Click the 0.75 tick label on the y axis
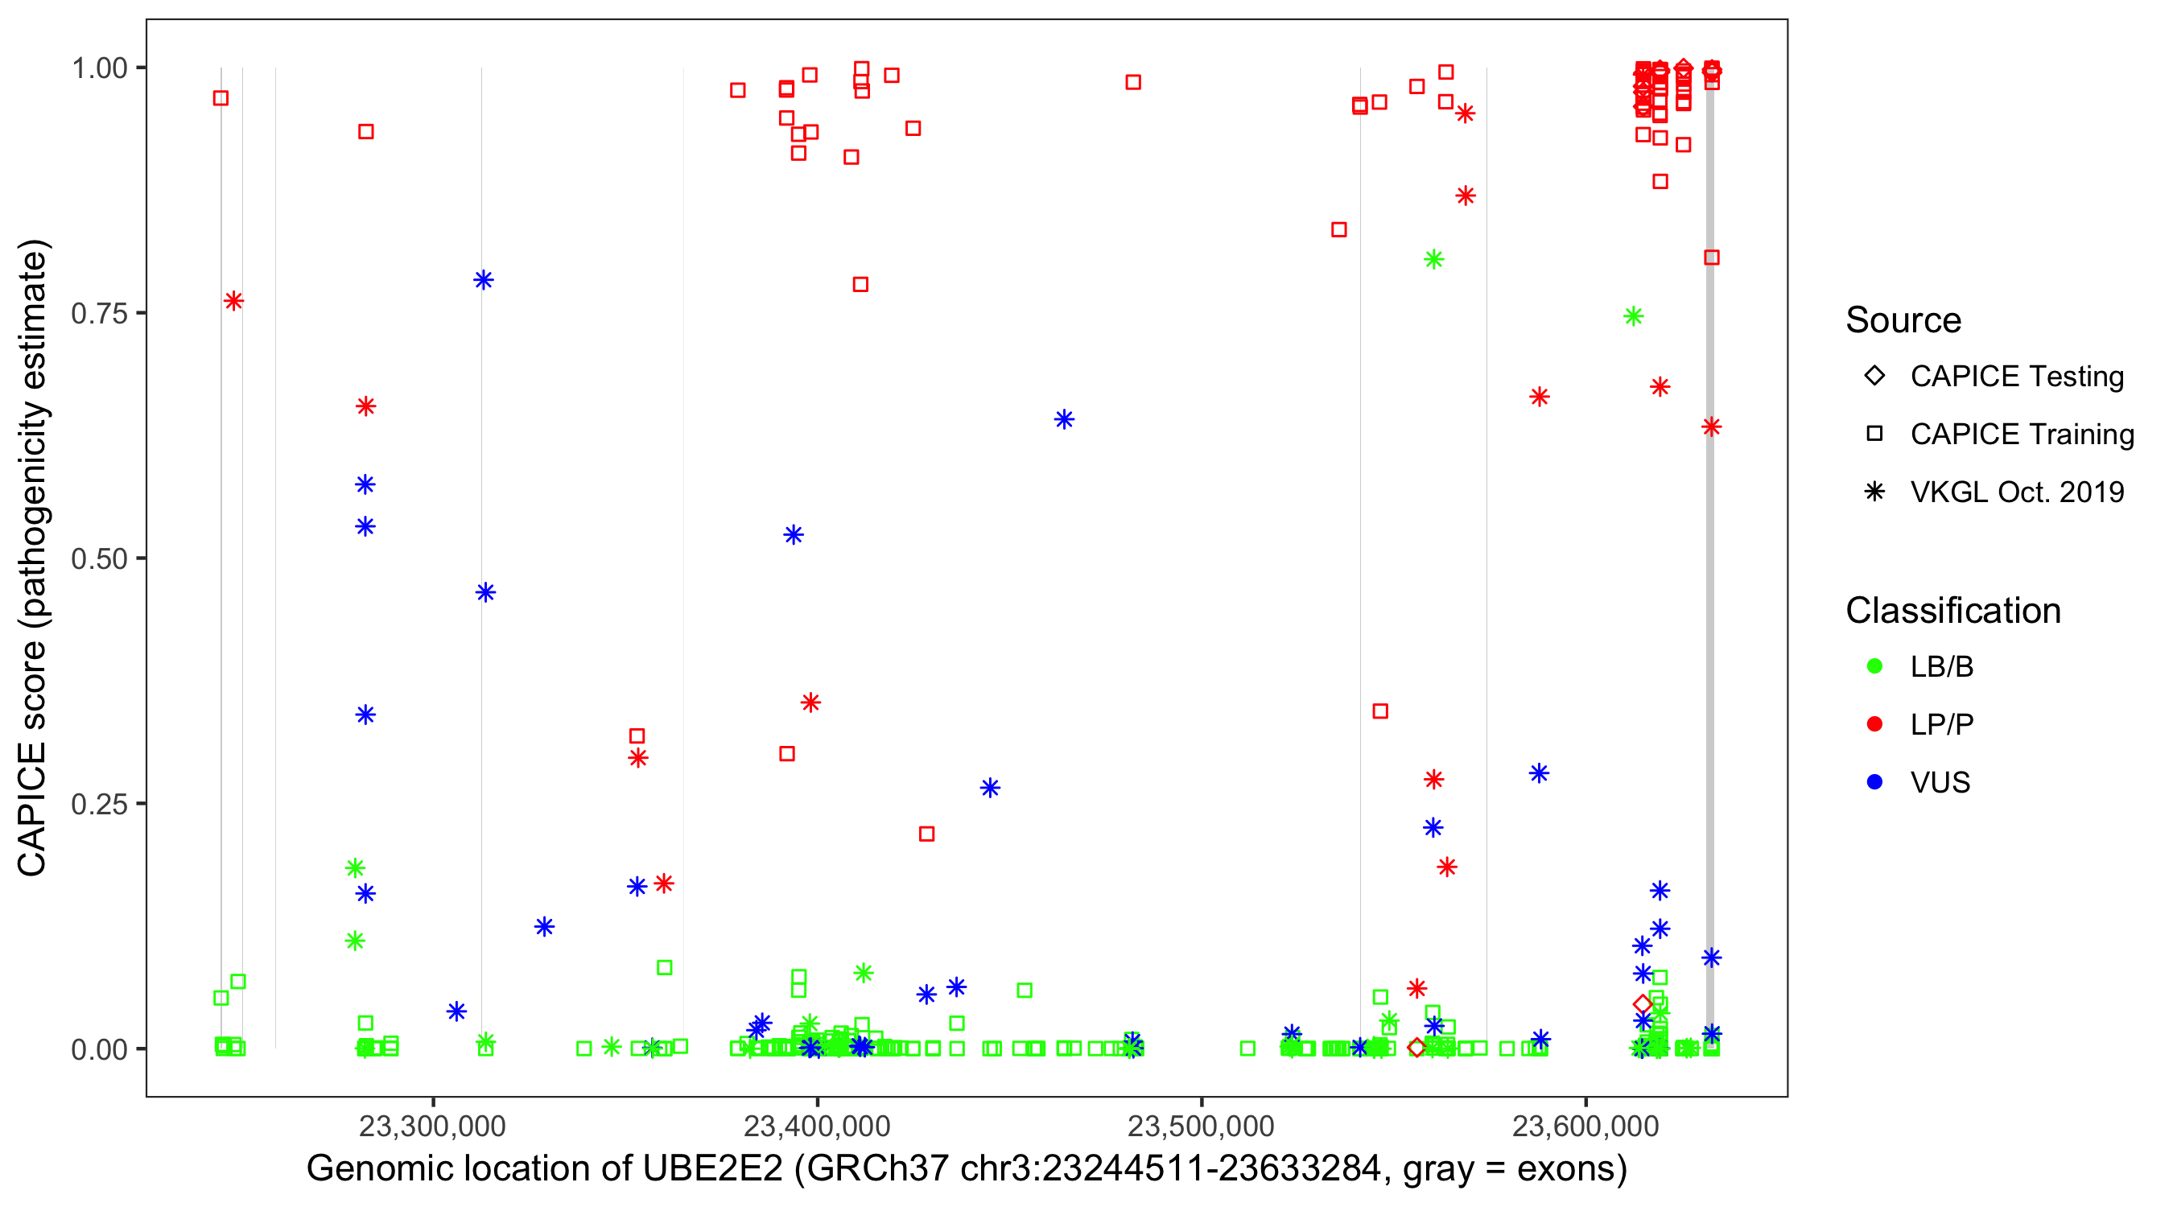pos(99,314)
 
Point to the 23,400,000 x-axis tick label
pos(817,1126)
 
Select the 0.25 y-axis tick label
pos(99,804)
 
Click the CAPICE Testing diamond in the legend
pos(1874,375)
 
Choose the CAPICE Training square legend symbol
pos(1874,434)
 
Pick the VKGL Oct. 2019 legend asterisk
pos(1874,492)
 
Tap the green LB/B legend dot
pos(1874,666)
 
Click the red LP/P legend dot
pos(1874,724)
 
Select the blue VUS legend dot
pos(1874,782)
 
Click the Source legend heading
pos(1903,320)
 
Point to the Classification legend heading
pos(1952,611)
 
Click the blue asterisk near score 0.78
pos(484,280)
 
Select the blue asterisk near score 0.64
pos(1064,419)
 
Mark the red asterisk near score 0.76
pos(233,301)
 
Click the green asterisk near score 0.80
pos(1433,259)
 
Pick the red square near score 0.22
pos(926,834)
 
